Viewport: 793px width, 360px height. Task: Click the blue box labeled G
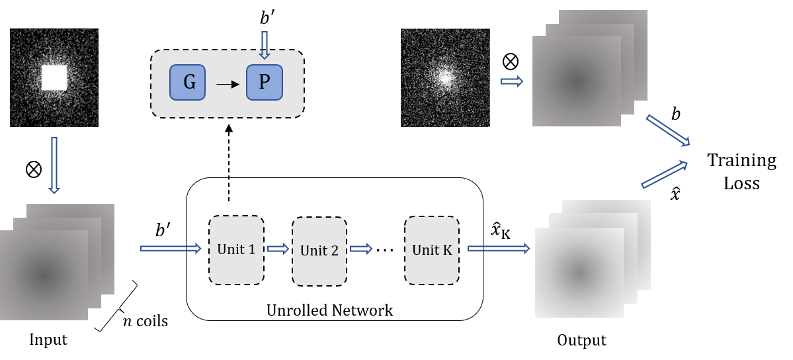click(187, 82)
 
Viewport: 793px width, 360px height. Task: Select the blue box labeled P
click(265, 82)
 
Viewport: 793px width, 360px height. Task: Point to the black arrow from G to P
click(228, 84)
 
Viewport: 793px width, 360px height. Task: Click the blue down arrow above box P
click(265, 45)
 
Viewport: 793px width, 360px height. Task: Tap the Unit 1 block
click(236, 249)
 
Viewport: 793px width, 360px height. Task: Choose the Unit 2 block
click(319, 251)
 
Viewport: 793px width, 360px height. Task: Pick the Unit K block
click(432, 250)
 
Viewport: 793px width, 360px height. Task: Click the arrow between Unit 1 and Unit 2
click(278, 249)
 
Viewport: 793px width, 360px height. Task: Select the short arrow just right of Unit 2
click(361, 249)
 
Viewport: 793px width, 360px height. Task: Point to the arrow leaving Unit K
click(499, 248)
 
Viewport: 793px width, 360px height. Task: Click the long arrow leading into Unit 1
click(171, 248)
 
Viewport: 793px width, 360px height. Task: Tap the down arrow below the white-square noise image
click(54, 165)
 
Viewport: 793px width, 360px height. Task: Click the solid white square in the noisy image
click(54, 77)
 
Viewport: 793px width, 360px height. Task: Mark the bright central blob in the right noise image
click(444, 77)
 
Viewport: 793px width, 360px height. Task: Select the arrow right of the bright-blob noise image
click(512, 81)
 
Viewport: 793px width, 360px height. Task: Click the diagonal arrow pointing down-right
click(668, 130)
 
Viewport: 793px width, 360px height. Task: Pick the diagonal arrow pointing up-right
click(664, 175)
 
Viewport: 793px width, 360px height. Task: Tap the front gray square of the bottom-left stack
click(44, 275)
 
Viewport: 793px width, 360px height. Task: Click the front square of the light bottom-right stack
click(579, 273)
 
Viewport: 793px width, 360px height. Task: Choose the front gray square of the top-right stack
click(576, 81)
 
